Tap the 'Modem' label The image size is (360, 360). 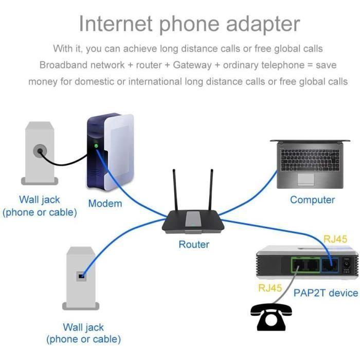(105, 203)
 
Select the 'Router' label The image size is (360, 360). (194, 244)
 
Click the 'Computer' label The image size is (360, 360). (312, 200)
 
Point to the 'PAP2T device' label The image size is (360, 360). (326, 293)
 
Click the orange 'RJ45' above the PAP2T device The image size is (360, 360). (335, 239)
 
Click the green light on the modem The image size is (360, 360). (96, 147)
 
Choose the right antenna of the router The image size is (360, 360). (210, 188)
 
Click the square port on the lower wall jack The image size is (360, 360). (81, 276)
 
